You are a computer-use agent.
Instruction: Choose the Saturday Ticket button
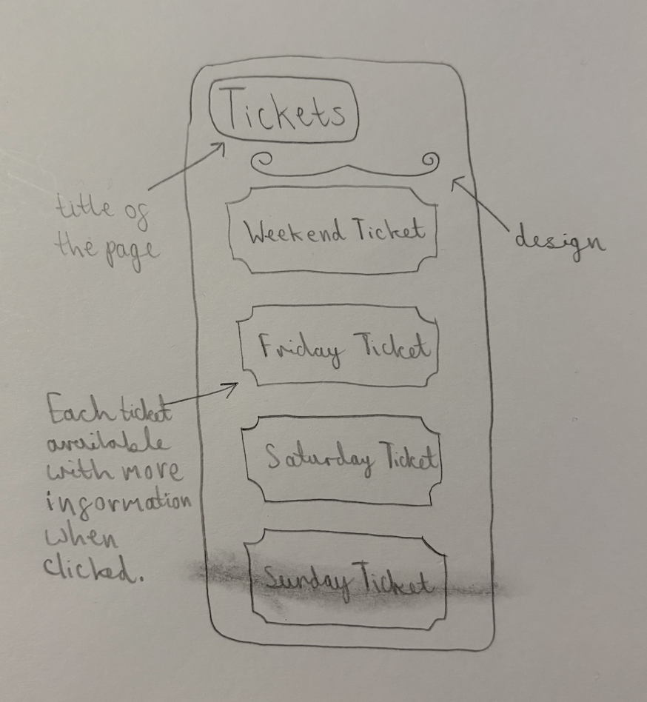[x=342, y=459]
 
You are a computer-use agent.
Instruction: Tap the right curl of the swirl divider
[x=429, y=161]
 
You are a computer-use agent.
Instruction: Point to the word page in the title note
[x=132, y=252]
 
